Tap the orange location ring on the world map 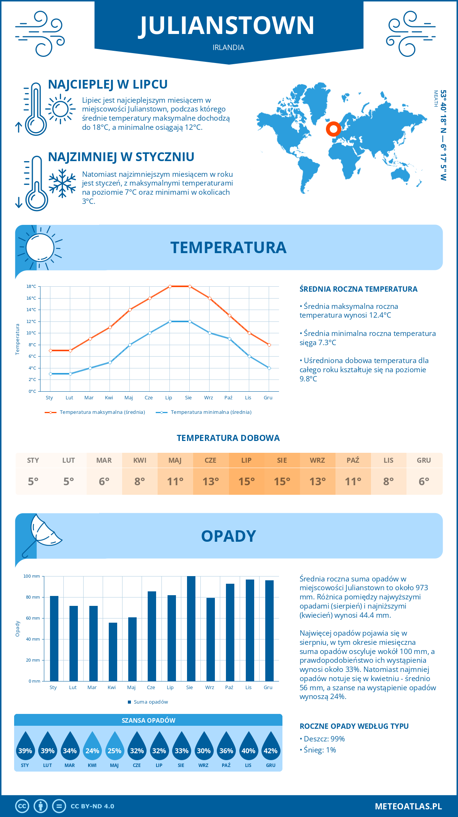point(333,129)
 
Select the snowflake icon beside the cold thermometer point(62,183)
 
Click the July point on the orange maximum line point(170,286)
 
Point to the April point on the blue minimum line point(110,362)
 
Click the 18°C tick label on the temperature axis point(31,286)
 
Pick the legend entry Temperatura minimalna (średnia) point(211,412)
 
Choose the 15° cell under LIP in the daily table point(246,481)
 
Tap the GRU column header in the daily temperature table point(424,460)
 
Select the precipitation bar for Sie point(191,628)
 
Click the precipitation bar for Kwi point(113,652)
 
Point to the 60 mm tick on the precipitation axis point(33,618)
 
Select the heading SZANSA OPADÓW point(148,720)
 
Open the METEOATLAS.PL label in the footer point(408,806)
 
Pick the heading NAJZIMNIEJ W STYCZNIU point(121,157)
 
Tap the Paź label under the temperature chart point(228,398)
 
